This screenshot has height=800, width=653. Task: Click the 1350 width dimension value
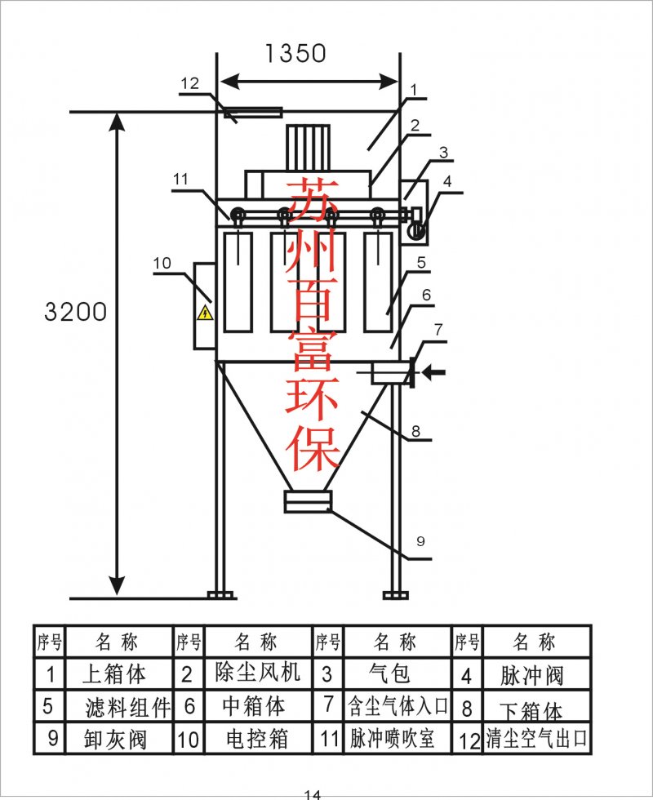click(x=295, y=53)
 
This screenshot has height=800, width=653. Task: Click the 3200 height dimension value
click(x=75, y=312)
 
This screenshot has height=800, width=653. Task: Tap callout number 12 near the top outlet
click(x=189, y=82)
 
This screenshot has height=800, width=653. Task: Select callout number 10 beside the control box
click(x=162, y=263)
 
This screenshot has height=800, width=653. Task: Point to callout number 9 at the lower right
click(x=421, y=540)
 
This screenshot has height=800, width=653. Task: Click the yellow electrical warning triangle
click(x=205, y=313)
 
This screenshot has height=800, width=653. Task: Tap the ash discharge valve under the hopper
click(x=308, y=501)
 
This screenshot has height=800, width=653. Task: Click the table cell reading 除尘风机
click(x=257, y=673)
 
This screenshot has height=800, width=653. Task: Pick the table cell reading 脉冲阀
click(x=534, y=675)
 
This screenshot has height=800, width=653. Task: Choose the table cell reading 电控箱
click(x=257, y=739)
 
